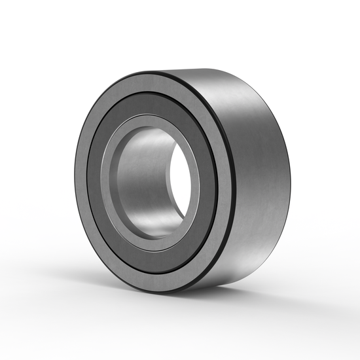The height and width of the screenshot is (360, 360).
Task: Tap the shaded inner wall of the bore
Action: [141, 177]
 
